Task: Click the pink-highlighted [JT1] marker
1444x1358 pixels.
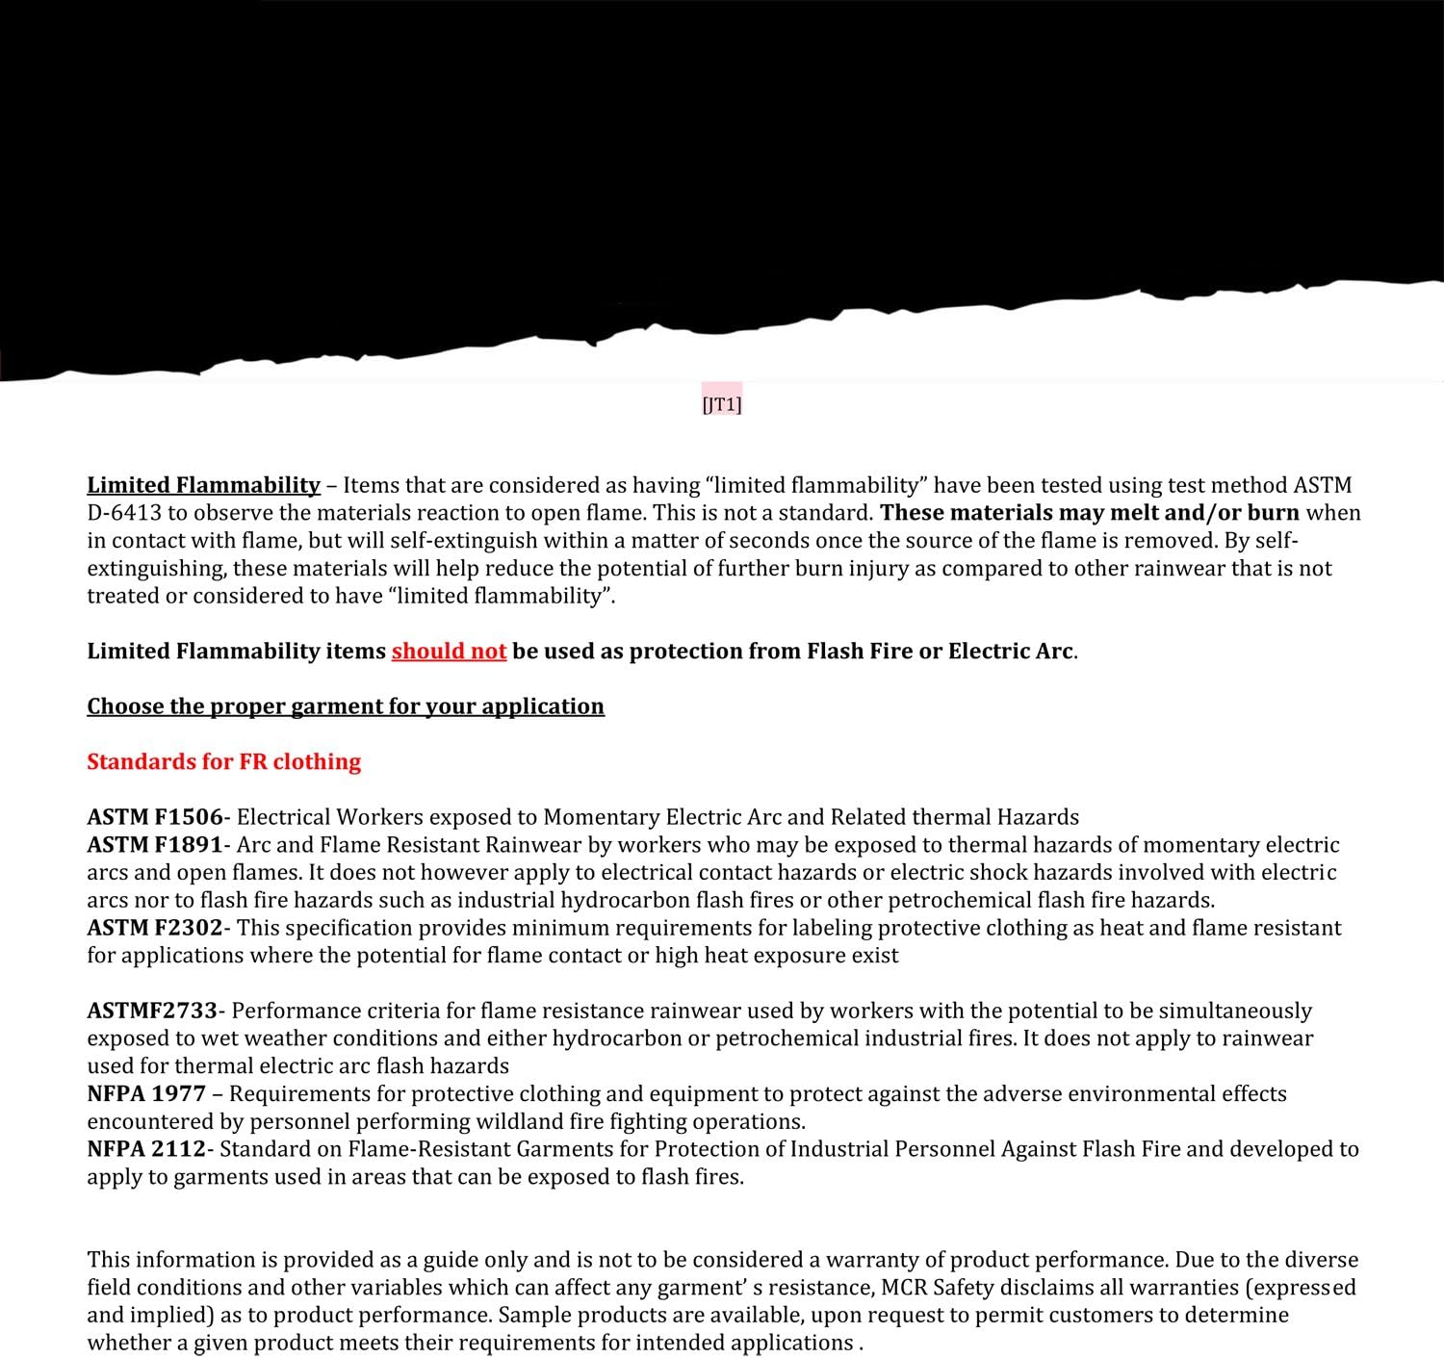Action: coord(722,404)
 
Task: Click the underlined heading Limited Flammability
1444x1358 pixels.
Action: coord(203,485)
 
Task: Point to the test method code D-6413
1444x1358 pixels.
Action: coord(124,513)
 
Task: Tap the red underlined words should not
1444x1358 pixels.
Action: coord(449,652)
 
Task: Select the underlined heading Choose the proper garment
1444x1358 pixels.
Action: coord(346,706)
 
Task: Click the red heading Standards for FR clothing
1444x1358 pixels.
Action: coord(223,762)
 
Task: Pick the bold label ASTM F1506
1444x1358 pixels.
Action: coord(155,817)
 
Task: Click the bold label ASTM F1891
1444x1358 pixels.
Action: coord(155,845)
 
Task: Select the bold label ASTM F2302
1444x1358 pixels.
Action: coord(155,928)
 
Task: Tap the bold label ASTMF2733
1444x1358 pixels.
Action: coord(152,1011)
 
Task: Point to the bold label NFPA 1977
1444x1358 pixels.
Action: coord(146,1094)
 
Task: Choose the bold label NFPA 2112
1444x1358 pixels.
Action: coord(146,1149)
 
